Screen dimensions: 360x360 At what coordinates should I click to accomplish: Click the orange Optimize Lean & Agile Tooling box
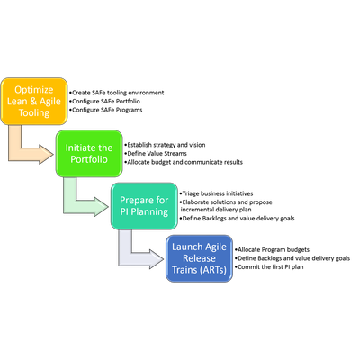pos(33,102)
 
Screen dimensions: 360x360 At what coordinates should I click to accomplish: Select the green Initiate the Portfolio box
pos(89,154)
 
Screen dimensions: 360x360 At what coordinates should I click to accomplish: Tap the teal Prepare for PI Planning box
pos(144,206)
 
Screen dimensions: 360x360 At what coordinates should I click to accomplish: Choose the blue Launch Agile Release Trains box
pos(199,258)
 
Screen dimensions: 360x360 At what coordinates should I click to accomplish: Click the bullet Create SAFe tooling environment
pos(117,93)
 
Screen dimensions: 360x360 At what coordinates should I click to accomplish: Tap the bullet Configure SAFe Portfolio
pos(104,102)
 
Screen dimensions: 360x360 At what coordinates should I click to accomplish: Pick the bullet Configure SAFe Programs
pos(106,110)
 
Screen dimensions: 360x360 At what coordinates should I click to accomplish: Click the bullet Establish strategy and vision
pos(165,145)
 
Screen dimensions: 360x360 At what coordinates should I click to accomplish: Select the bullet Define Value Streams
pos(156,154)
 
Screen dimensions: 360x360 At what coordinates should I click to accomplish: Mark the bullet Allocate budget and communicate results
pos(184,162)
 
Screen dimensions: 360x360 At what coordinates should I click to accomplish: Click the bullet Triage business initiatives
pos(216,193)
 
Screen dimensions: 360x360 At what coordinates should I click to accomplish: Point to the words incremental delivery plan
pos(216,210)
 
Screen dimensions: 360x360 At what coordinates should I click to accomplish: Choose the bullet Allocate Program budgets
pos(272,249)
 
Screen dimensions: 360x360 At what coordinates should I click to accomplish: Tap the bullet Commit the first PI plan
pos(269,267)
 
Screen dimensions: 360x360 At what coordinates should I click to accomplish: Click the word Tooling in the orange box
pos(34,113)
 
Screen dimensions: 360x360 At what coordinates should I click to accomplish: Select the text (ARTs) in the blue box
pos(212,270)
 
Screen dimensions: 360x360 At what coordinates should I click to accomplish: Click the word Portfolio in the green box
pos(89,159)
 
